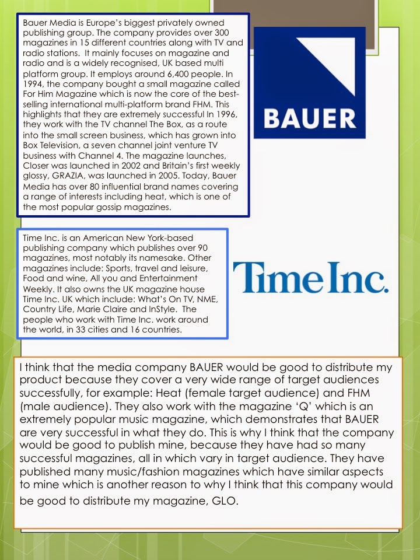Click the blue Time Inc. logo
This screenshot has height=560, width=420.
[310, 277]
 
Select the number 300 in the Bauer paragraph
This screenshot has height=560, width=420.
[222, 34]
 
